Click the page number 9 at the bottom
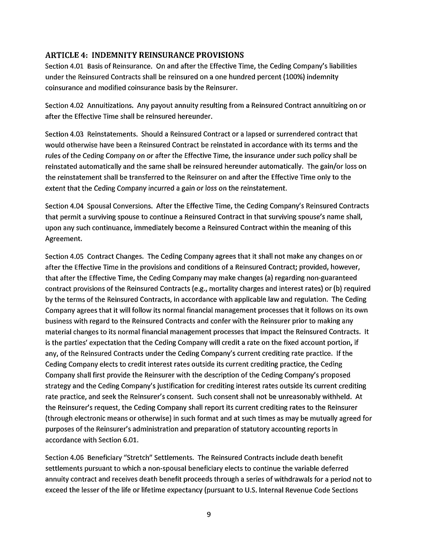pos(209,514)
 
